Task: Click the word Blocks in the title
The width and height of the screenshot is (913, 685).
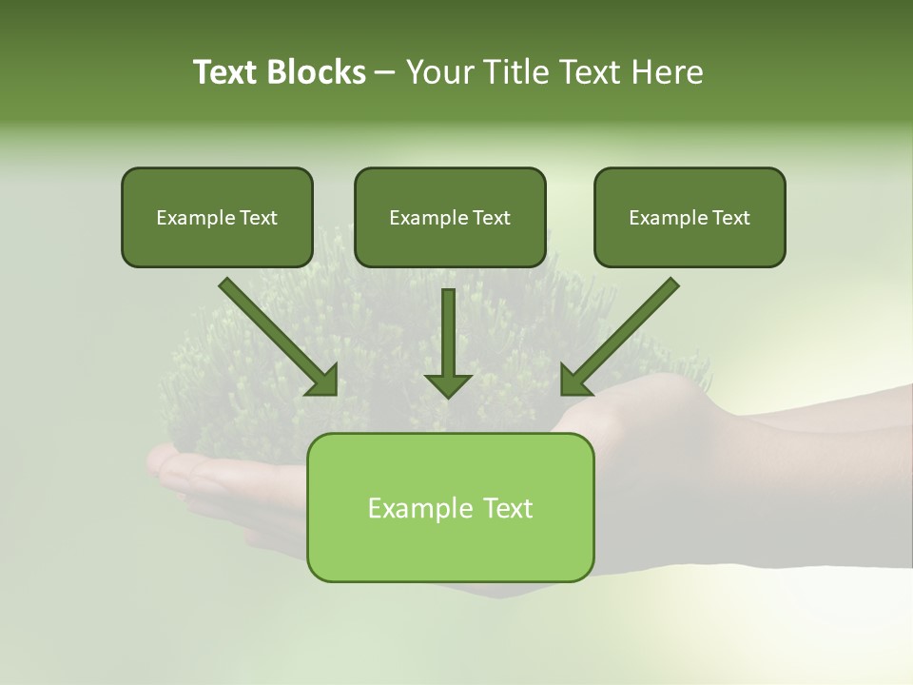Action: pyautogui.click(x=318, y=72)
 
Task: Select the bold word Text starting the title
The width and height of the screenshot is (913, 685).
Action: pyautogui.click(x=226, y=72)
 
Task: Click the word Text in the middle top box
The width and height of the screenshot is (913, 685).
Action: pyautogui.click(x=492, y=218)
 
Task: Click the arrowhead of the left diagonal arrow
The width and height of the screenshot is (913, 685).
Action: pyautogui.click(x=323, y=382)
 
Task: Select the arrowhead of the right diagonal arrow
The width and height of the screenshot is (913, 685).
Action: pyautogui.click(x=575, y=382)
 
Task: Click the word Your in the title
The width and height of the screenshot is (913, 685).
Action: pyautogui.click(x=438, y=72)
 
